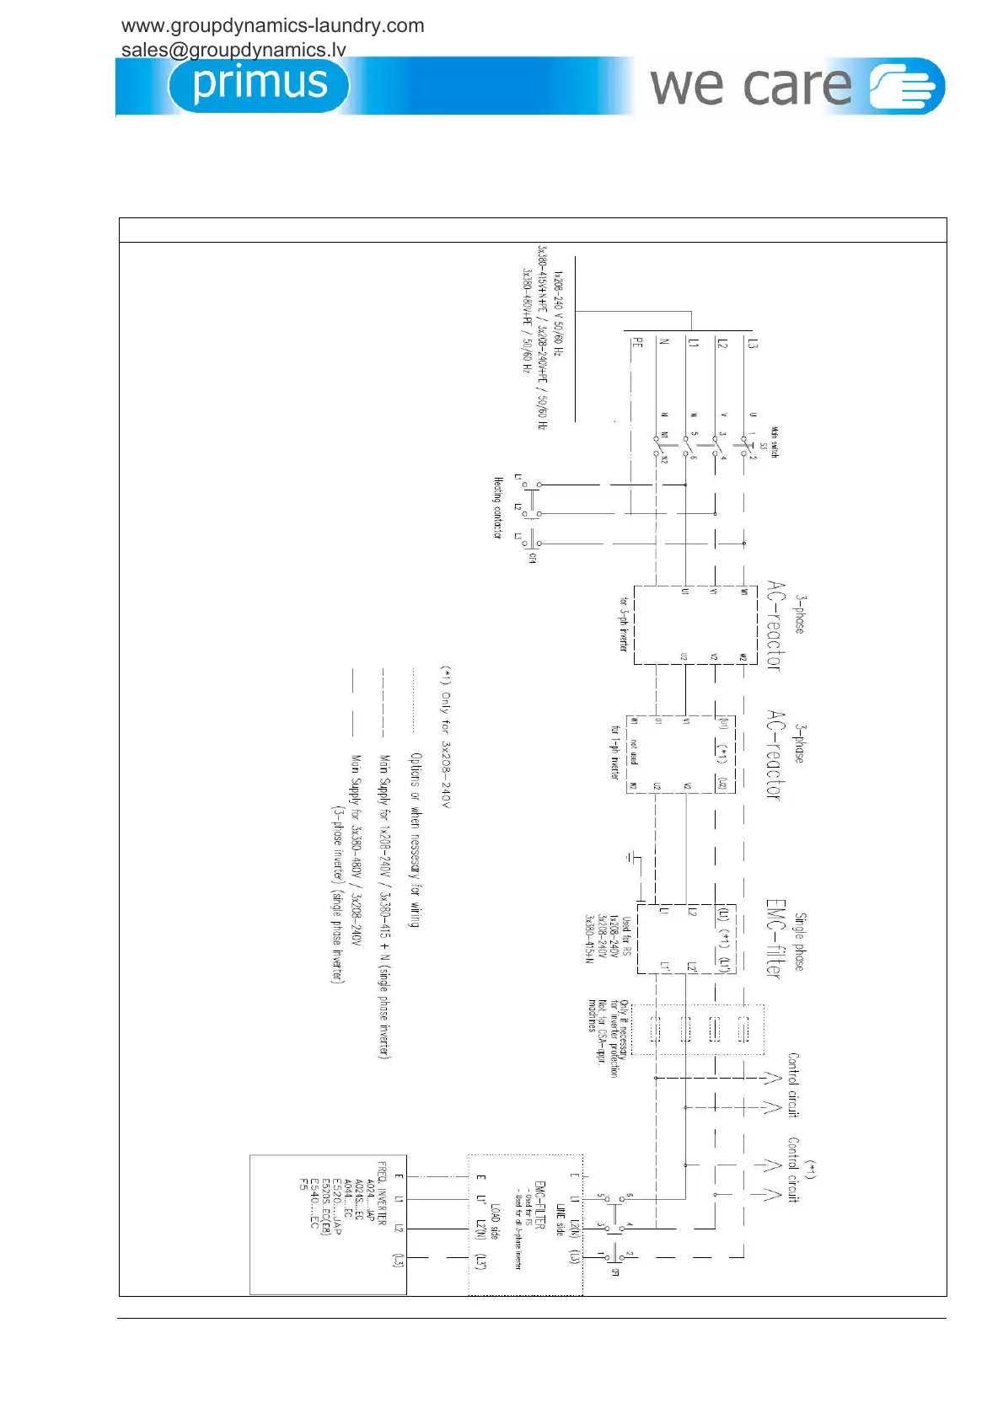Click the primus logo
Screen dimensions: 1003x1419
point(259,84)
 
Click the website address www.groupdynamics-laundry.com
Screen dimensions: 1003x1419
point(273,26)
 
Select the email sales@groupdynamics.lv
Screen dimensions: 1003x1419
point(233,50)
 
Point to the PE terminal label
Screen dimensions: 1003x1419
point(638,343)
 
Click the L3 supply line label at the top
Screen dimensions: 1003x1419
point(753,344)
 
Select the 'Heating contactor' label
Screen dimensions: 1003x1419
point(498,507)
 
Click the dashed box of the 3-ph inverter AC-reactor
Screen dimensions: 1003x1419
point(695,625)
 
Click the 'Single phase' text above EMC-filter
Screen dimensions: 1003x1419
point(800,941)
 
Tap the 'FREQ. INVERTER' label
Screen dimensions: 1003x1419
point(381,1194)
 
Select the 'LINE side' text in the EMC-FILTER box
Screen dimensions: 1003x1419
point(560,1219)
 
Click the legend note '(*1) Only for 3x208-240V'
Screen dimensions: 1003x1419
point(447,736)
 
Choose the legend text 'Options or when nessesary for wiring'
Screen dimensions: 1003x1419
point(415,839)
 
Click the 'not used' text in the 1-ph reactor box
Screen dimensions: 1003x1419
point(634,752)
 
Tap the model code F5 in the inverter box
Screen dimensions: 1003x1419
point(304,1184)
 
